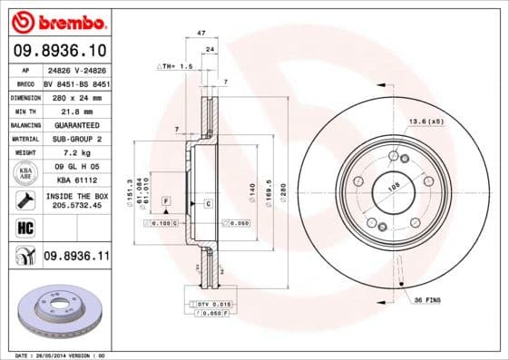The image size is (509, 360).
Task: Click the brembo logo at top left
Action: pyautogui.click(x=57, y=21)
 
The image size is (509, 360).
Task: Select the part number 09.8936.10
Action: pyautogui.click(x=58, y=52)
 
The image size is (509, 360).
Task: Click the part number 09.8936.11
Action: pyautogui.click(x=76, y=257)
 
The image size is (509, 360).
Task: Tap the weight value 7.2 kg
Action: pyautogui.click(x=75, y=153)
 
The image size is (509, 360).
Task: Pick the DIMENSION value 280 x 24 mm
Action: pyautogui.click(x=75, y=96)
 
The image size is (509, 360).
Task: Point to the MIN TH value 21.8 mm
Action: pyautogui.click(x=75, y=111)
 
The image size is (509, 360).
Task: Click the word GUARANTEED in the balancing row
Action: pyautogui.click(x=76, y=124)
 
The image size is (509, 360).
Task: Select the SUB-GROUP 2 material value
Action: pyautogui.click(x=76, y=139)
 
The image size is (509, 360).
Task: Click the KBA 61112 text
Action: pyautogui.click(x=76, y=181)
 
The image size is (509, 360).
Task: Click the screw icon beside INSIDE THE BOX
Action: pyautogui.click(x=24, y=199)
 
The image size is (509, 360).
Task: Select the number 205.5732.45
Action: pyautogui.click(x=76, y=205)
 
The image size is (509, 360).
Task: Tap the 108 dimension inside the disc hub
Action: pyautogui.click(x=394, y=188)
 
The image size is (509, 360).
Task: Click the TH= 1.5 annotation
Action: pyautogui.click(x=176, y=67)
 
